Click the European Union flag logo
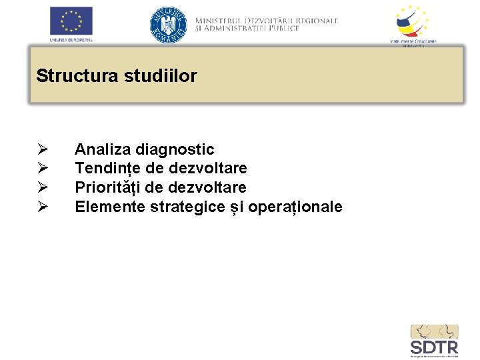[x=71, y=21]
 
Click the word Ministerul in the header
[x=223, y=21]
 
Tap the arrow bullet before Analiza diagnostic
[x=42, y=149]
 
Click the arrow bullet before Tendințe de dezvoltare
[x=42, y=168]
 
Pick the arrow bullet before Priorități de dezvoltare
[x=42, y=187]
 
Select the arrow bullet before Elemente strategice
[x=42, y=207]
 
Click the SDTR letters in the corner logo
[x=434, y=347]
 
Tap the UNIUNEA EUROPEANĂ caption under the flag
[x=71, y=40]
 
